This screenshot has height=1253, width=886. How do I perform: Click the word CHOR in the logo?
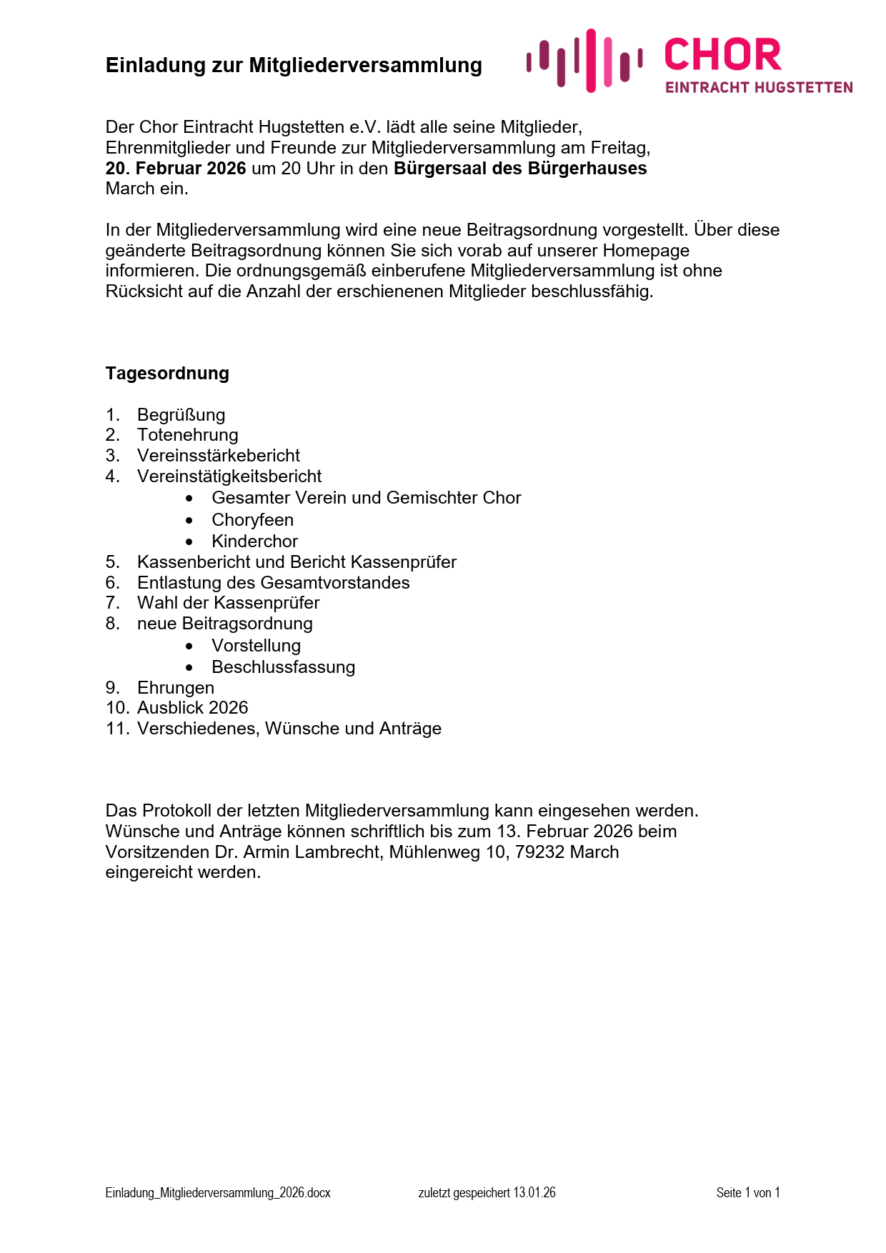pos(722,55)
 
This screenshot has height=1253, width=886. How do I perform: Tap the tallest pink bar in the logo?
pos(591,60)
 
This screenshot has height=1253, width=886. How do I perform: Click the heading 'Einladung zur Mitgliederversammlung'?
pos(294,65)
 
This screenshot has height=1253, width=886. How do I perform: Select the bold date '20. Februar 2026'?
pos(176,169)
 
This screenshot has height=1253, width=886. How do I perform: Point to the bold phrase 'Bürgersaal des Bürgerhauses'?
pos(520,169)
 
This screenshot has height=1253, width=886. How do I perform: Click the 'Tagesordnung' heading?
pos(167,374)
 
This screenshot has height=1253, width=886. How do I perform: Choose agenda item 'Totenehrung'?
pos(187,435)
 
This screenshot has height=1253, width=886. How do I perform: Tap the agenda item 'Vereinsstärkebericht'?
pos(218,456)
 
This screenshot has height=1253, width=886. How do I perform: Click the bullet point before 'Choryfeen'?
pos(189,520)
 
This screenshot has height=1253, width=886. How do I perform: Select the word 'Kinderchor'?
pos(254,541)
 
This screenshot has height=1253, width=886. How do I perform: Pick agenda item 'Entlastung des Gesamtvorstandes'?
pos(273,583)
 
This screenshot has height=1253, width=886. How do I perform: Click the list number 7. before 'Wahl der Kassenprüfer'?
pos(112,603)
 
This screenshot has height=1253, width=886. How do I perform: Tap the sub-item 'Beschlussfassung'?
pos(283,667)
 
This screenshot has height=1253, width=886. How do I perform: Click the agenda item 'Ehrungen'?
pos(175,688)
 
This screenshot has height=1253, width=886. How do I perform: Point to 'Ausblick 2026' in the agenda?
pos(192,708)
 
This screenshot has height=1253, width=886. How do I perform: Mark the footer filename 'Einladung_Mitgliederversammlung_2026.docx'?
pos(218,1192)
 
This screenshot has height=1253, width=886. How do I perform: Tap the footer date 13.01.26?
pos(534,1192)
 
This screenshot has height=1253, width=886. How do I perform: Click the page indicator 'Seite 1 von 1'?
pos(748,1192)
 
